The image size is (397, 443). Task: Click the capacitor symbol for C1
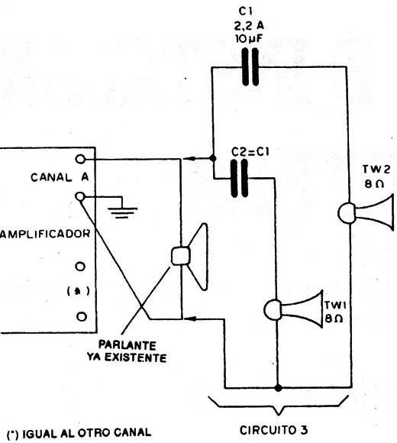[x=250, y=67]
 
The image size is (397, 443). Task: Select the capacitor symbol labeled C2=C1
[x=240, y=178]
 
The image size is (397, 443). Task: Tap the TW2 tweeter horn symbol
[x=366, y=212]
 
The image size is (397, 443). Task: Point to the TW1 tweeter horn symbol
[x=294, y=309]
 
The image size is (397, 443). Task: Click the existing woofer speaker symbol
[x=190, y=257]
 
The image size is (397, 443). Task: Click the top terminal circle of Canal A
[x=80, y=159]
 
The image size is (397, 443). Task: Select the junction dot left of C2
[x=213, y=158]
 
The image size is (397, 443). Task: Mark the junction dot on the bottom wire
[x=278, y=388]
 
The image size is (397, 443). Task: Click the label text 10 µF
[x=249, y=39]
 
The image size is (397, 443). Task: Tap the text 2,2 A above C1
[x=248, y=26]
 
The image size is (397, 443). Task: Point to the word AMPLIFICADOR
[x=45, y=234]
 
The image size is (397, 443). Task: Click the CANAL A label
[x=60, y=177]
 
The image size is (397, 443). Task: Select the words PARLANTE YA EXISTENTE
[x=127, y=351]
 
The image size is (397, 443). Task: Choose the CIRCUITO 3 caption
[x=273, y=430]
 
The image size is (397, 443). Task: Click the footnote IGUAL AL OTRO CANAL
[x=86, y=433]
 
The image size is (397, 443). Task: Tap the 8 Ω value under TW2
[x=374, y=184]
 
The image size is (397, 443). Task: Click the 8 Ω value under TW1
[x=334, y=319]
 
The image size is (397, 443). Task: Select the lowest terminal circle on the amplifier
[x=82, y=316]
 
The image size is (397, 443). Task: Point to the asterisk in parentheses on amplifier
[x=78, y=291]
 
